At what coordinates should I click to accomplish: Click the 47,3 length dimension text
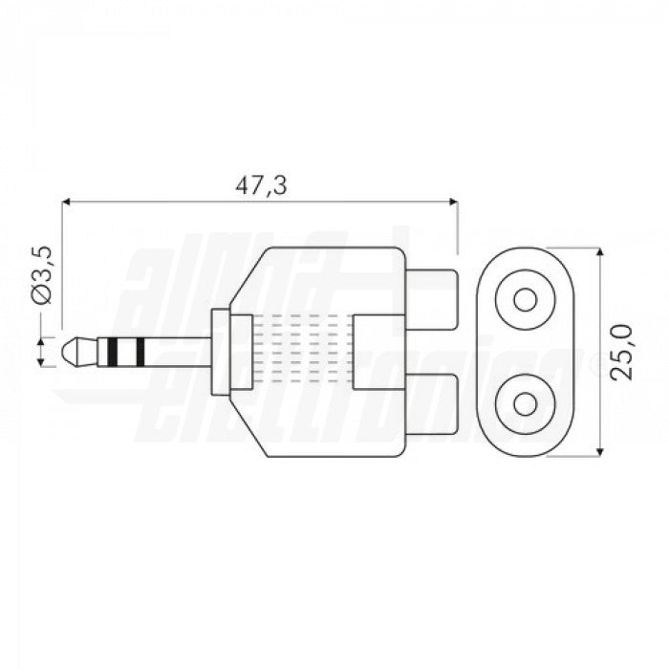(x=261, y=186)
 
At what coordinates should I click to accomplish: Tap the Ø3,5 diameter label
(x=42, y=275)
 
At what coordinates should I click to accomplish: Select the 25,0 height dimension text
(x=622, y=353)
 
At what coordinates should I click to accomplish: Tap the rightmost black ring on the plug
(x=141, y=353)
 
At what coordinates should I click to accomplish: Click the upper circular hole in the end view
(x=525, y=300)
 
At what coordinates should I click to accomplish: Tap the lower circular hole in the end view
(x=525, y=406)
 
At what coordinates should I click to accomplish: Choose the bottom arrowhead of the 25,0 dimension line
(x=599, y=452)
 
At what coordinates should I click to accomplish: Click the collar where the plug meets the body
(x=218, y=353)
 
